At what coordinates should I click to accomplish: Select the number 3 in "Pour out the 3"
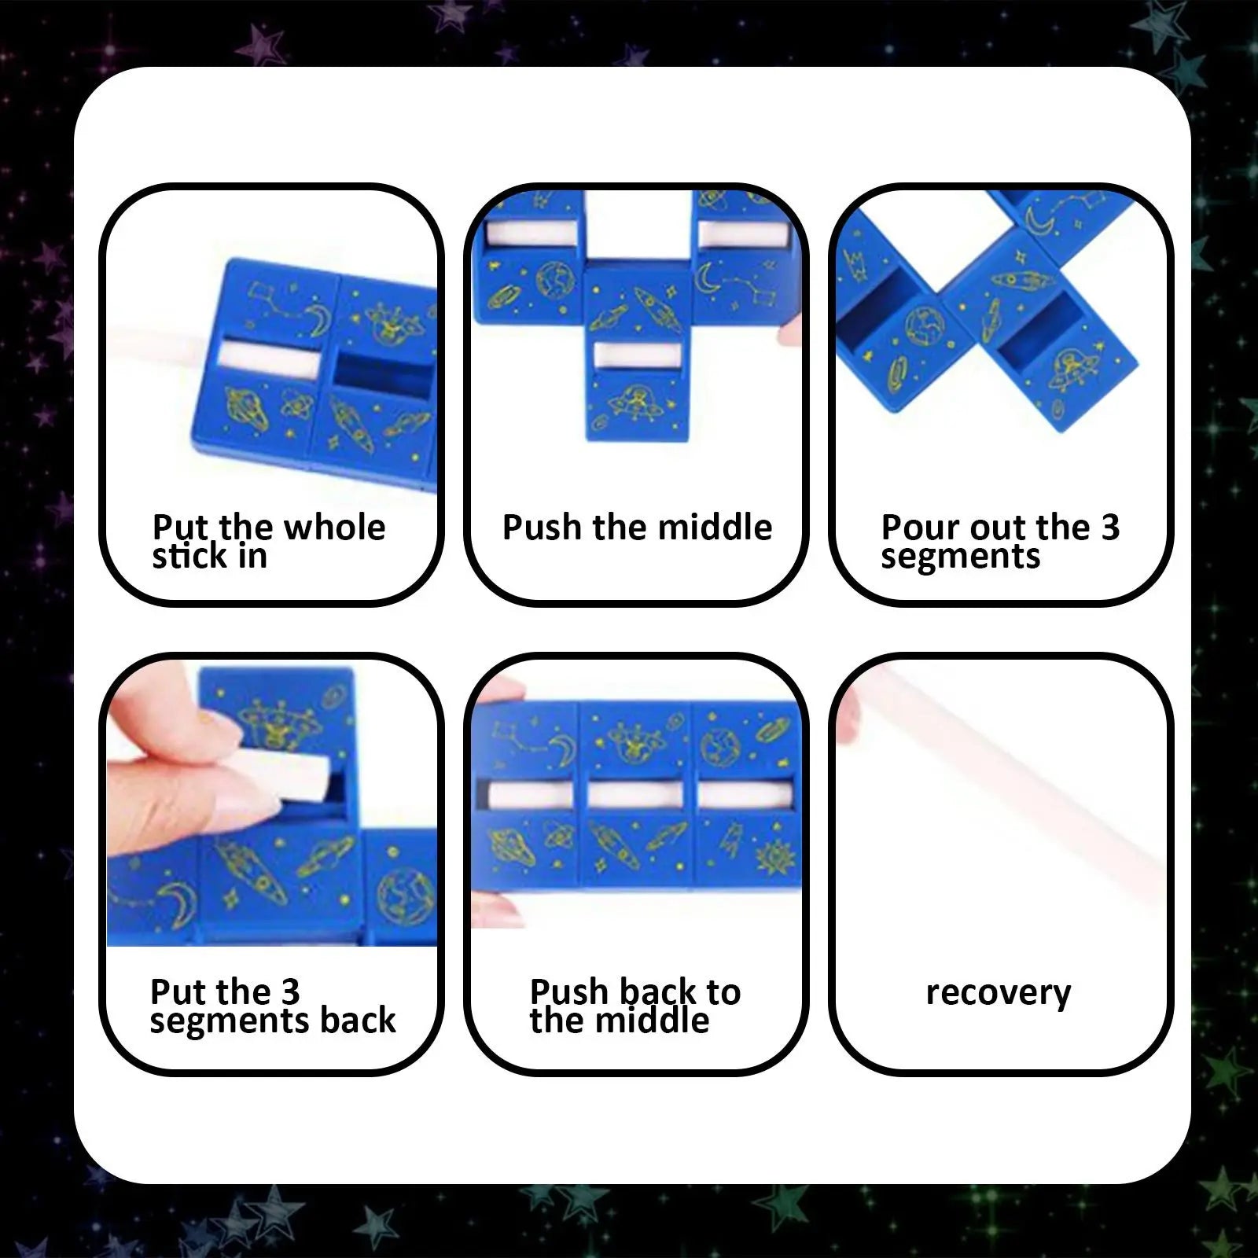pyautogui.click(x=1109, y=528)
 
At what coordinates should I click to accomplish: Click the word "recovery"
pyautogui.click(x=998, y=993)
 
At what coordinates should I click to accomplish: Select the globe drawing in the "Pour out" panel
pyautogui.click(x=925, y=325)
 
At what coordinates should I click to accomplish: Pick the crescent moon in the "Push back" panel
pyautogui.click(x=563, y=747)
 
